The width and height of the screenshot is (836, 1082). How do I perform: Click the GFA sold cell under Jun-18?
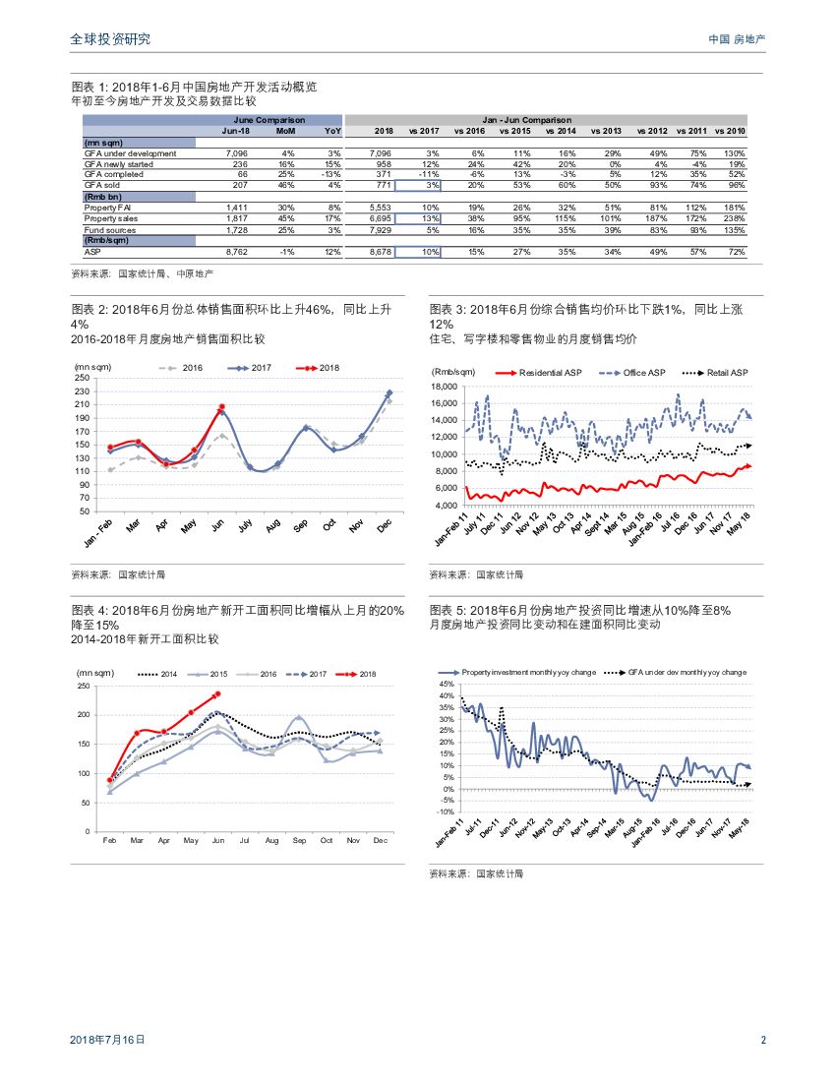pyautogui.click(x=240, y=184)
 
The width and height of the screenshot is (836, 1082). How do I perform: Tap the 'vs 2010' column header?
pyautogui.click(x=730, y=131)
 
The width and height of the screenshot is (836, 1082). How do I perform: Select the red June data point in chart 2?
pyautogui.click(x=222, y=406)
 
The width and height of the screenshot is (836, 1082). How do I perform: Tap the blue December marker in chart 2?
pyautogui.click(x=389, y=393)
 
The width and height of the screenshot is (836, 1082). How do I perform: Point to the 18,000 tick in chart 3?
pyautogui.click(x=444, y=387)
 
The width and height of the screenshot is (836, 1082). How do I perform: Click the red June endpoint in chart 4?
pyautogui.click(x=217, y=693)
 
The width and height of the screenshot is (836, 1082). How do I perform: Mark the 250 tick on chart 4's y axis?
pyautogui.click(x=85, y=686)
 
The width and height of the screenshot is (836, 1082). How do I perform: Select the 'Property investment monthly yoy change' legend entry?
pyautogui.click(x=520, y=672)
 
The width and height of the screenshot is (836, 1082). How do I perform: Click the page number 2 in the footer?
pyautogui.click(x=763, y=1039)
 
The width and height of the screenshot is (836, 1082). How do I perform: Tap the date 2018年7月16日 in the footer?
pyautogui.click(x=108, y=1039)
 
